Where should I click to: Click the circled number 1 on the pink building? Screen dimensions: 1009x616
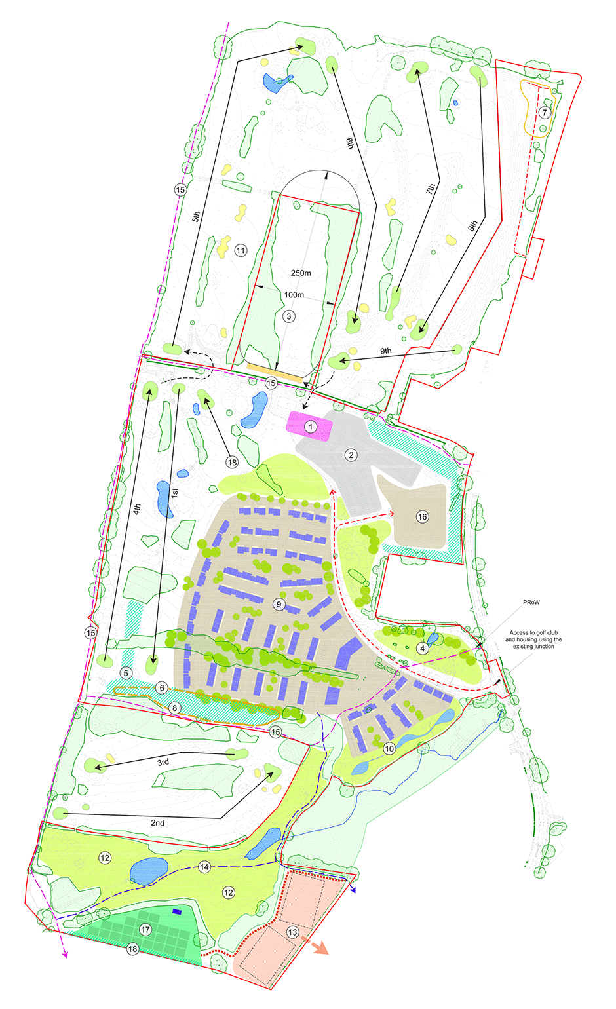pos(311,427)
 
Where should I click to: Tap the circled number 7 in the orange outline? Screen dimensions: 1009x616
pos(545,113)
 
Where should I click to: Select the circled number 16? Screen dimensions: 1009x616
pos(422,517)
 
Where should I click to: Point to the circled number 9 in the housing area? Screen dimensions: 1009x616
pos(279,604)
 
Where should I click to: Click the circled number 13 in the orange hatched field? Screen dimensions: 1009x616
pos(292,932)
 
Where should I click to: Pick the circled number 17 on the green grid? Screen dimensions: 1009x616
pos(145,930)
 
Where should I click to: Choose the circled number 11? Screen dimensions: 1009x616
pos(241,250)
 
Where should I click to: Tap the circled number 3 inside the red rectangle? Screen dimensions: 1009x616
pos(289,316)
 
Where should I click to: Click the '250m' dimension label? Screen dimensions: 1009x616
pos(301,273)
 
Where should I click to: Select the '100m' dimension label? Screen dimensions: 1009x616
pos(294,295)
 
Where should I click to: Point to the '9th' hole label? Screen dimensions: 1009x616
pos(386,351)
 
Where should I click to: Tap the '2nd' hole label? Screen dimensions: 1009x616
pos(157,823)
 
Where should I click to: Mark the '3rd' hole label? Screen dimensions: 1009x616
pos(163,762)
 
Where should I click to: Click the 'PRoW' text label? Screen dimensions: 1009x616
pos(531,602)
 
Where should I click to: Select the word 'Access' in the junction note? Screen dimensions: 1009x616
pos(520,633)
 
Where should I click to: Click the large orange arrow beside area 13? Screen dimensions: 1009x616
pos(320,947)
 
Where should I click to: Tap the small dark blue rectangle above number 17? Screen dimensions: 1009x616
pos(177,911)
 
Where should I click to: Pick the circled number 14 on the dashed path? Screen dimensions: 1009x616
pos(204,867)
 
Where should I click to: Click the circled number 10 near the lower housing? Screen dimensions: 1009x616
pos(389,748)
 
